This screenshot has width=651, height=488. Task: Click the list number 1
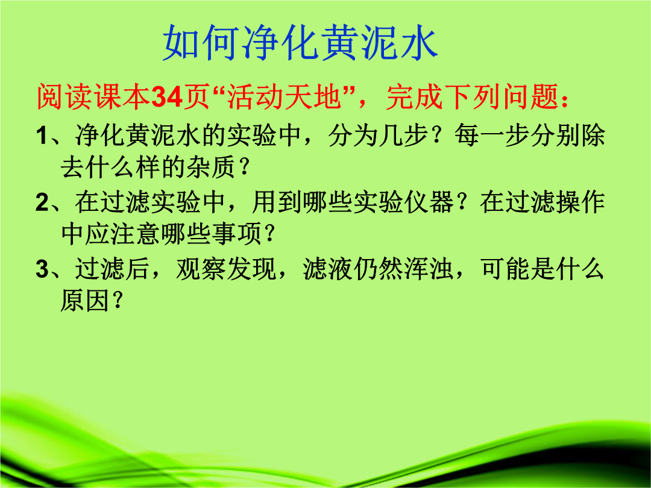(x=42, y=136)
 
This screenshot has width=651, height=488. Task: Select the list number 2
(x=42, y=202)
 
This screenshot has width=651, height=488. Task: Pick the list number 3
(x=42, y=269)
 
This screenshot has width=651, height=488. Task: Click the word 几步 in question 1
(x=403, y=136)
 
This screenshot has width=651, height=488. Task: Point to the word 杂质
(x=210, y=167)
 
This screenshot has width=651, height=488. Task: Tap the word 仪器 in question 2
(x=429, y=202)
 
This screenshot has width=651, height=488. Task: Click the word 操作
(x=580, y=202)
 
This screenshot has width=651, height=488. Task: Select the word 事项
(x=236, y=234)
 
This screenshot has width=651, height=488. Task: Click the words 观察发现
(x=227, y=269)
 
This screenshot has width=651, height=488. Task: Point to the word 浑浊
(x=429, y=269)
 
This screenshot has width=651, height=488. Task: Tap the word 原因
(x=85, y=300)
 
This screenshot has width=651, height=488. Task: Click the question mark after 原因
(x=118, y=300)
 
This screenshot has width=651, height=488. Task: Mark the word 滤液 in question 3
(x=327, y=269)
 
